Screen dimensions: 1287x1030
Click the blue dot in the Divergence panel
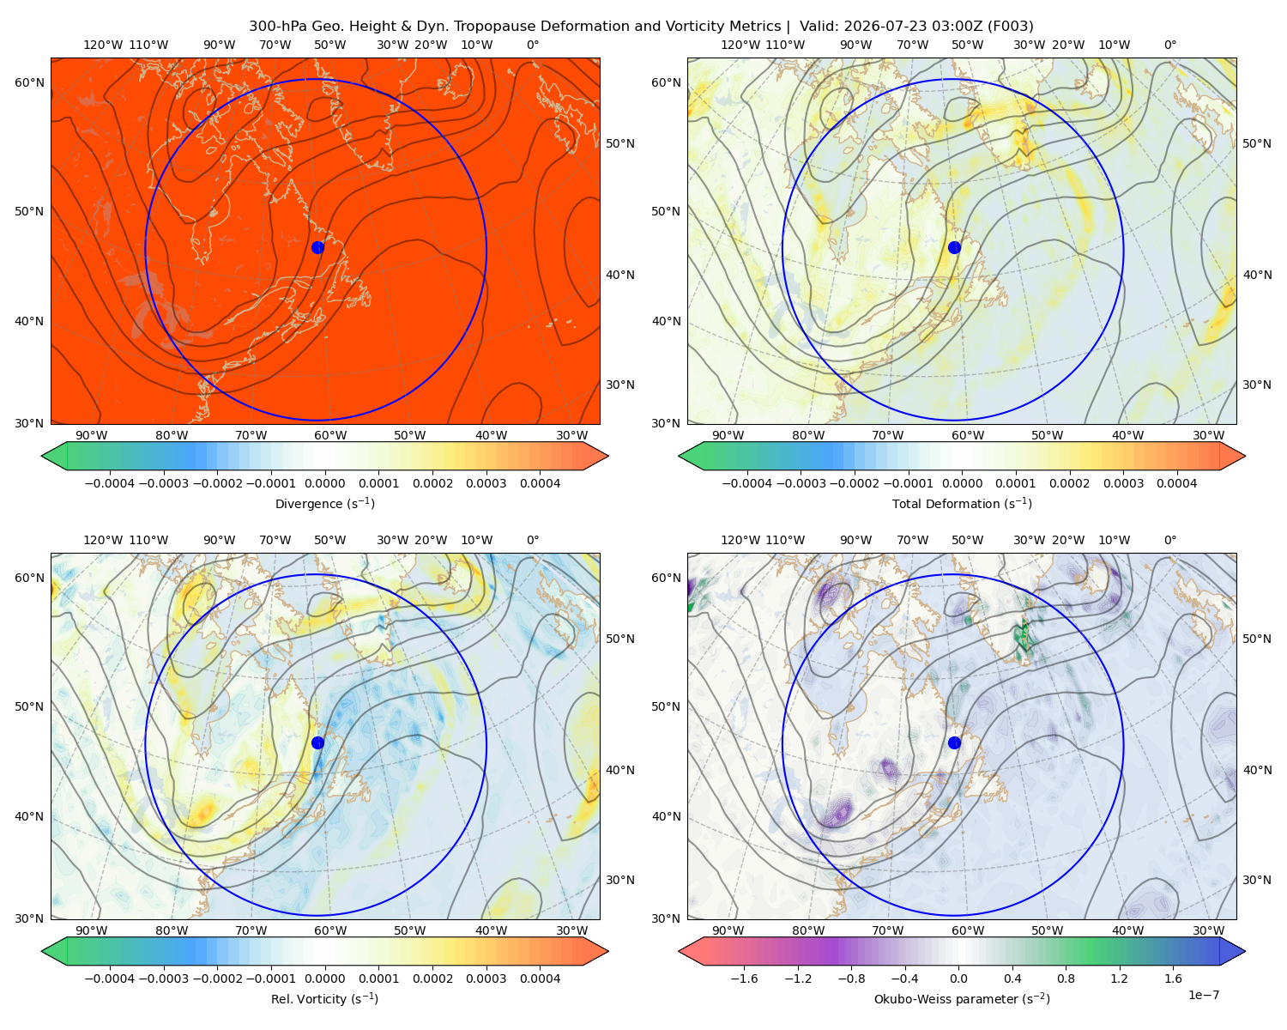tap(317, 247)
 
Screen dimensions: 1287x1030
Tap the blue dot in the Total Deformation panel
tap(954, 247)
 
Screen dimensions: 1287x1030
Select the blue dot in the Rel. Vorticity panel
tap(317, 742)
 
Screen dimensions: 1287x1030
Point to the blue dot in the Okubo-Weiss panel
tap(954, 742)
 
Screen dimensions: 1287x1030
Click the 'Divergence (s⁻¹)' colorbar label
tap(324, 503)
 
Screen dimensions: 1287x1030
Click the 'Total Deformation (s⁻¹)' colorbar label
tap(962, 503)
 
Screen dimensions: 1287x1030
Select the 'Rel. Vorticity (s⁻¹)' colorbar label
tap(324, 998)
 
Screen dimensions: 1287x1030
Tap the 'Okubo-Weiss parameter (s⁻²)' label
tap(962, 998)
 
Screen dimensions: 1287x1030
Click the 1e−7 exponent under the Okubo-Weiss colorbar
tap(1203, 995)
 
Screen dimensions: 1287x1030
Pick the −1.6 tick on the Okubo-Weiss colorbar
tap(744, 978)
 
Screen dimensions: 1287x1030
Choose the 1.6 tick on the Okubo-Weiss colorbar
tap(1173, 978)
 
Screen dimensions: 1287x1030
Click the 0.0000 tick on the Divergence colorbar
tap(324, 483)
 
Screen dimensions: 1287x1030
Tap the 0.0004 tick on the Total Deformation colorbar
tap(1176, 483)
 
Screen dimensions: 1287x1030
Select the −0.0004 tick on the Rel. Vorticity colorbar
tap(110, 978)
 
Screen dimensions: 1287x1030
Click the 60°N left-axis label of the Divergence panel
tap(29, 82)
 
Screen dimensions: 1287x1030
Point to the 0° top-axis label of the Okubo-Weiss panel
tap(1169, 539)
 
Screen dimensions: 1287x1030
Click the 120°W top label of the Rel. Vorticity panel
tap(103, 539)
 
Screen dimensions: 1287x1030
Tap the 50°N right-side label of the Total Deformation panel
tap(1256, 143)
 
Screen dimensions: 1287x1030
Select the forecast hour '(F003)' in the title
tap(1011, 26)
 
